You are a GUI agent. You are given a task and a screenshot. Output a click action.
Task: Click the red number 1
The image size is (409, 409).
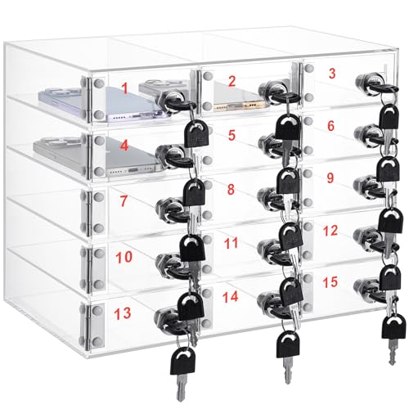125,88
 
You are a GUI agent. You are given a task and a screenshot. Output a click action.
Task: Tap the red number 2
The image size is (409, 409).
231,81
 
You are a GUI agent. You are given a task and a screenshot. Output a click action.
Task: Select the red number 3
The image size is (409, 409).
332,73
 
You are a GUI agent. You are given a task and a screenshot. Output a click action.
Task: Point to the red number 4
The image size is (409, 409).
124,146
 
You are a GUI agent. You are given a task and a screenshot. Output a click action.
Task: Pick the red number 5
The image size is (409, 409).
231,135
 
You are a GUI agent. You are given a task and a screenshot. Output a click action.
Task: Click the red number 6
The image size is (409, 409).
330,126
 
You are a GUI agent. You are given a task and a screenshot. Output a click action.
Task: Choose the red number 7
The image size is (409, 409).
124,200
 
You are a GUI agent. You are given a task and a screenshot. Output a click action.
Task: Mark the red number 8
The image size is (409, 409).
231,189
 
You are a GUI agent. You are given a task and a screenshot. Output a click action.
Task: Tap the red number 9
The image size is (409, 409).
330,178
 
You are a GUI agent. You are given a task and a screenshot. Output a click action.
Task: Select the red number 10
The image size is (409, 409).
124,257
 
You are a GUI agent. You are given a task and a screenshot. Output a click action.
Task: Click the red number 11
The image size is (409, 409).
231,243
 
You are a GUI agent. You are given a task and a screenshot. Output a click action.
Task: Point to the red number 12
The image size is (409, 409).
330,231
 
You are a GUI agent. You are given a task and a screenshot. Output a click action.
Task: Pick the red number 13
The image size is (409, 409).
123,313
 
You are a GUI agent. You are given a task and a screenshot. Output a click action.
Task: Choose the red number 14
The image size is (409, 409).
231,297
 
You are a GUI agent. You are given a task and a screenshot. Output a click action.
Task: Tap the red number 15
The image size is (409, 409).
330,282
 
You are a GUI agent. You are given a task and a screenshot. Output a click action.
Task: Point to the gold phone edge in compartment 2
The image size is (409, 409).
240,106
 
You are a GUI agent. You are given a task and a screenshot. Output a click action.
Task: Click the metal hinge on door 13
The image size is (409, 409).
88,326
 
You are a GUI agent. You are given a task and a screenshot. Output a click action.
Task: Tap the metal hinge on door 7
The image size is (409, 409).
88,213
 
